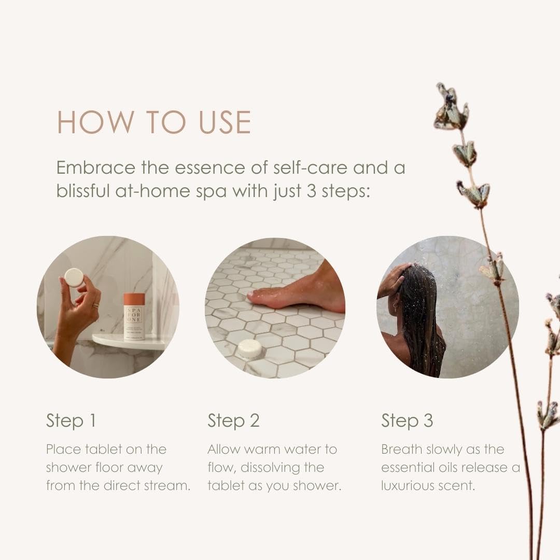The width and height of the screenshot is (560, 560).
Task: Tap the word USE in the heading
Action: [225, 122]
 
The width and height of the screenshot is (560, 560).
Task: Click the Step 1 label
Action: [71, 421]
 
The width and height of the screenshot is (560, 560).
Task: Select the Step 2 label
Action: [233, 421]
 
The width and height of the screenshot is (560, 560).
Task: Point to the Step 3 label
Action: [407, 421]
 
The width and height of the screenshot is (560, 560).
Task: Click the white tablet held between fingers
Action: [74, 278]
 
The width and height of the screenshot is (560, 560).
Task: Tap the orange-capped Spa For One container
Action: [134, 316]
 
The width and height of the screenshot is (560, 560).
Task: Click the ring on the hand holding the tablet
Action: [95, 305]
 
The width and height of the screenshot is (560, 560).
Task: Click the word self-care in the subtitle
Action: [310, 167]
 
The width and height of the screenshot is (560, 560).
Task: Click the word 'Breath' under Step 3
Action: [402, 449]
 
